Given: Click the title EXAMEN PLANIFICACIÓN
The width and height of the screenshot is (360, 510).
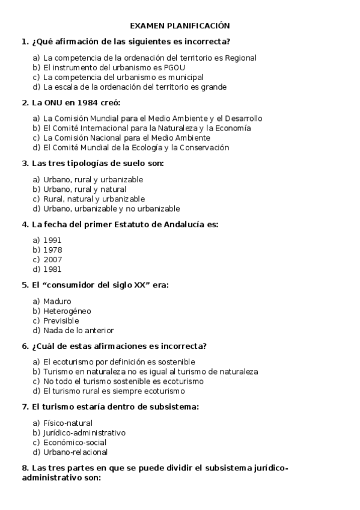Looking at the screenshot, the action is tap(180, 26).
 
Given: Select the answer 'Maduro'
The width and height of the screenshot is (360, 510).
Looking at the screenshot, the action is tap(57, 301).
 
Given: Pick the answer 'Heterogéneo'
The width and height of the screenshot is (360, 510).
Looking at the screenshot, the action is tap(67, 311).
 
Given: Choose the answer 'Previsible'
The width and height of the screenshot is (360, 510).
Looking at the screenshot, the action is tap(61, 321).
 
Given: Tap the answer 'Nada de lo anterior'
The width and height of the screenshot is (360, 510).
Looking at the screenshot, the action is tap(78, 330).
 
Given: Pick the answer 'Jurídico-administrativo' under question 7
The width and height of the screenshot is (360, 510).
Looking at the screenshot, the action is tap(84, 432).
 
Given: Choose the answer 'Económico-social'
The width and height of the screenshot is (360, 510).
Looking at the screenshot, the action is tap(75, 442).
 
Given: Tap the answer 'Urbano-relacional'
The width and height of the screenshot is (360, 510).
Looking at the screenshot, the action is tap(75, 452).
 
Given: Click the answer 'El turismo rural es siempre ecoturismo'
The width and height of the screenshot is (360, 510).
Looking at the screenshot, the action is tap(118, 391).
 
